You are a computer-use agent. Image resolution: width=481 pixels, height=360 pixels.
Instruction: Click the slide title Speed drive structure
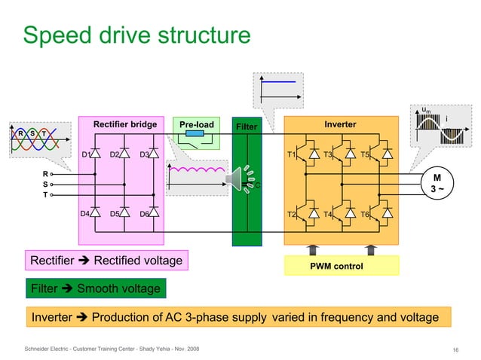tap(136, 35)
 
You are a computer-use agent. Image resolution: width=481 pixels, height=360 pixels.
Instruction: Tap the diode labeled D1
tap(96, 154)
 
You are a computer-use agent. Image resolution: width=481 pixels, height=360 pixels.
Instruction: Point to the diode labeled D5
tap(124, 213)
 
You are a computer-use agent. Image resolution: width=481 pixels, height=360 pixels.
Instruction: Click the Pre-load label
tap(195, 124)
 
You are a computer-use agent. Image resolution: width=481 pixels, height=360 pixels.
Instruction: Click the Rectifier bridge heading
tap(124, 124)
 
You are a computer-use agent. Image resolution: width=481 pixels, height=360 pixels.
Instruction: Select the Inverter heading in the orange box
tap(340, 124)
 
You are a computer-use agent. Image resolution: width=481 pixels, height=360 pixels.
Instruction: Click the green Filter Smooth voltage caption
tap(92, 288)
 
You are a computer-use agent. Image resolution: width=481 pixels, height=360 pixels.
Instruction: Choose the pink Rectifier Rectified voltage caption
tap(106, 261)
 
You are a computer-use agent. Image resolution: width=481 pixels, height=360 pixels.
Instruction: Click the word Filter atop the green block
tap(247, 127)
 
